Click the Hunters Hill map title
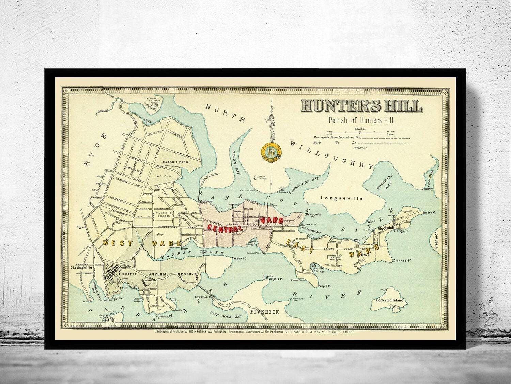361,106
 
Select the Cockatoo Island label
389,300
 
